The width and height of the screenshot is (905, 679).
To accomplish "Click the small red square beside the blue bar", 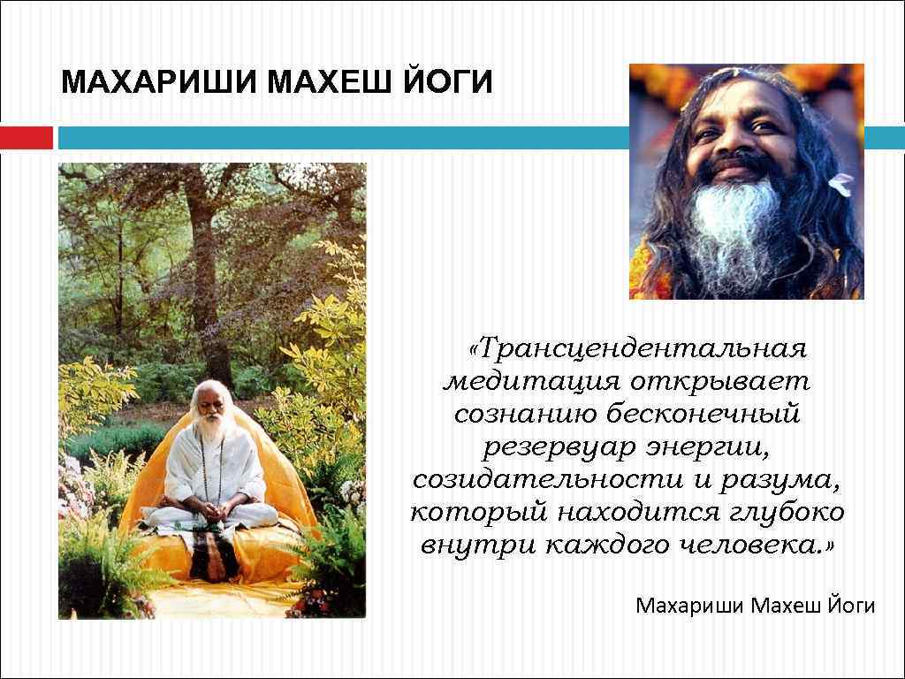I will coord(26,138).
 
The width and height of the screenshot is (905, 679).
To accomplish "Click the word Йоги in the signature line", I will coord(852,606).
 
